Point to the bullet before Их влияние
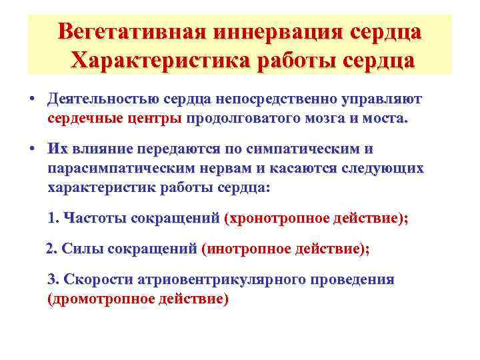coord(32,148)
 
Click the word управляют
coord(382,99)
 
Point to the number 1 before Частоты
coord(53,218)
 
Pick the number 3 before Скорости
coord(53,279)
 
